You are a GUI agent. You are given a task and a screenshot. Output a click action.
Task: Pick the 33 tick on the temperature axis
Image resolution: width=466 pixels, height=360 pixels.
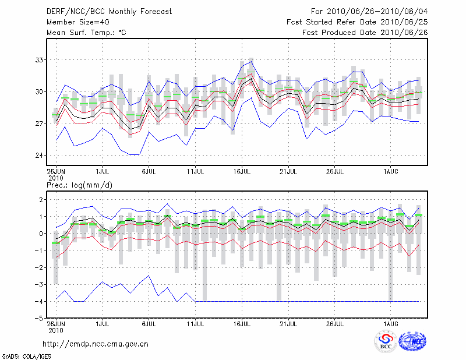point(40,60)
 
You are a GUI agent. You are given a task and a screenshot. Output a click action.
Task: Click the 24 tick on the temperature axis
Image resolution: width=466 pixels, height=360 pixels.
point(40,156)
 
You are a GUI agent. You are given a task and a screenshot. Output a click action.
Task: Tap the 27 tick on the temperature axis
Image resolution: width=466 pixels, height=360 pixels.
point(40,123)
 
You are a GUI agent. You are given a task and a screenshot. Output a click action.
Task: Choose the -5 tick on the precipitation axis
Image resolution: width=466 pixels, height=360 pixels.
point(40,319)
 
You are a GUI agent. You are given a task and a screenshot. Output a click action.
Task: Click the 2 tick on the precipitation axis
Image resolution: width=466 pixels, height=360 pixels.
point(41,200)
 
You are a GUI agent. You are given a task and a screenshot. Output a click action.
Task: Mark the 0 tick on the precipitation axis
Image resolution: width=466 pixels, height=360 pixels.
point(41,234)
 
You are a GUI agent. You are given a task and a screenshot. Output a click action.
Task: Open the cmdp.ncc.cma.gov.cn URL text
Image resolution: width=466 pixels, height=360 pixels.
point(96,344)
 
